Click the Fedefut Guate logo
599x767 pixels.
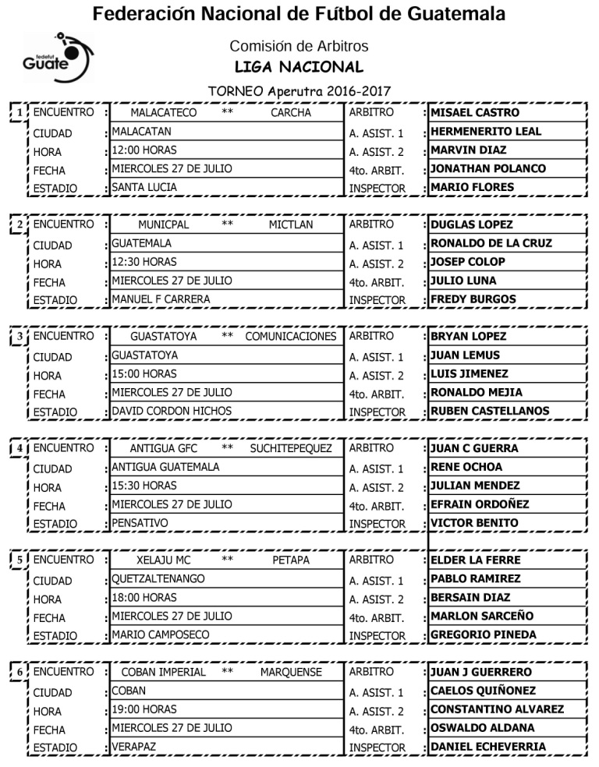[57, 57]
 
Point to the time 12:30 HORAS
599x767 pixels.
[144, 262]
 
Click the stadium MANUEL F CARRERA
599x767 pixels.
[161, 299]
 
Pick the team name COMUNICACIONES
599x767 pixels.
[291, 337]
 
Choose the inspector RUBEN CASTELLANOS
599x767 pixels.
[490, 411]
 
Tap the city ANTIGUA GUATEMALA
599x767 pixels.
[165, 467]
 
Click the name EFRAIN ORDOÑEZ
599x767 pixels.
[480, 504]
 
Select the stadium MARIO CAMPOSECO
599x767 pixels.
[161, 634]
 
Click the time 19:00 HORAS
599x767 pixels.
[144, 709]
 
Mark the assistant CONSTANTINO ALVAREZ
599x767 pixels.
[497, 709]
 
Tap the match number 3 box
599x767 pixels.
[19, 338]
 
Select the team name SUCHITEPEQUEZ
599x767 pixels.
[291, 449]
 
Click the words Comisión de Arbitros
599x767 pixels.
[299, 46]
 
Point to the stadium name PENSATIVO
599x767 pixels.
[140, 522]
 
